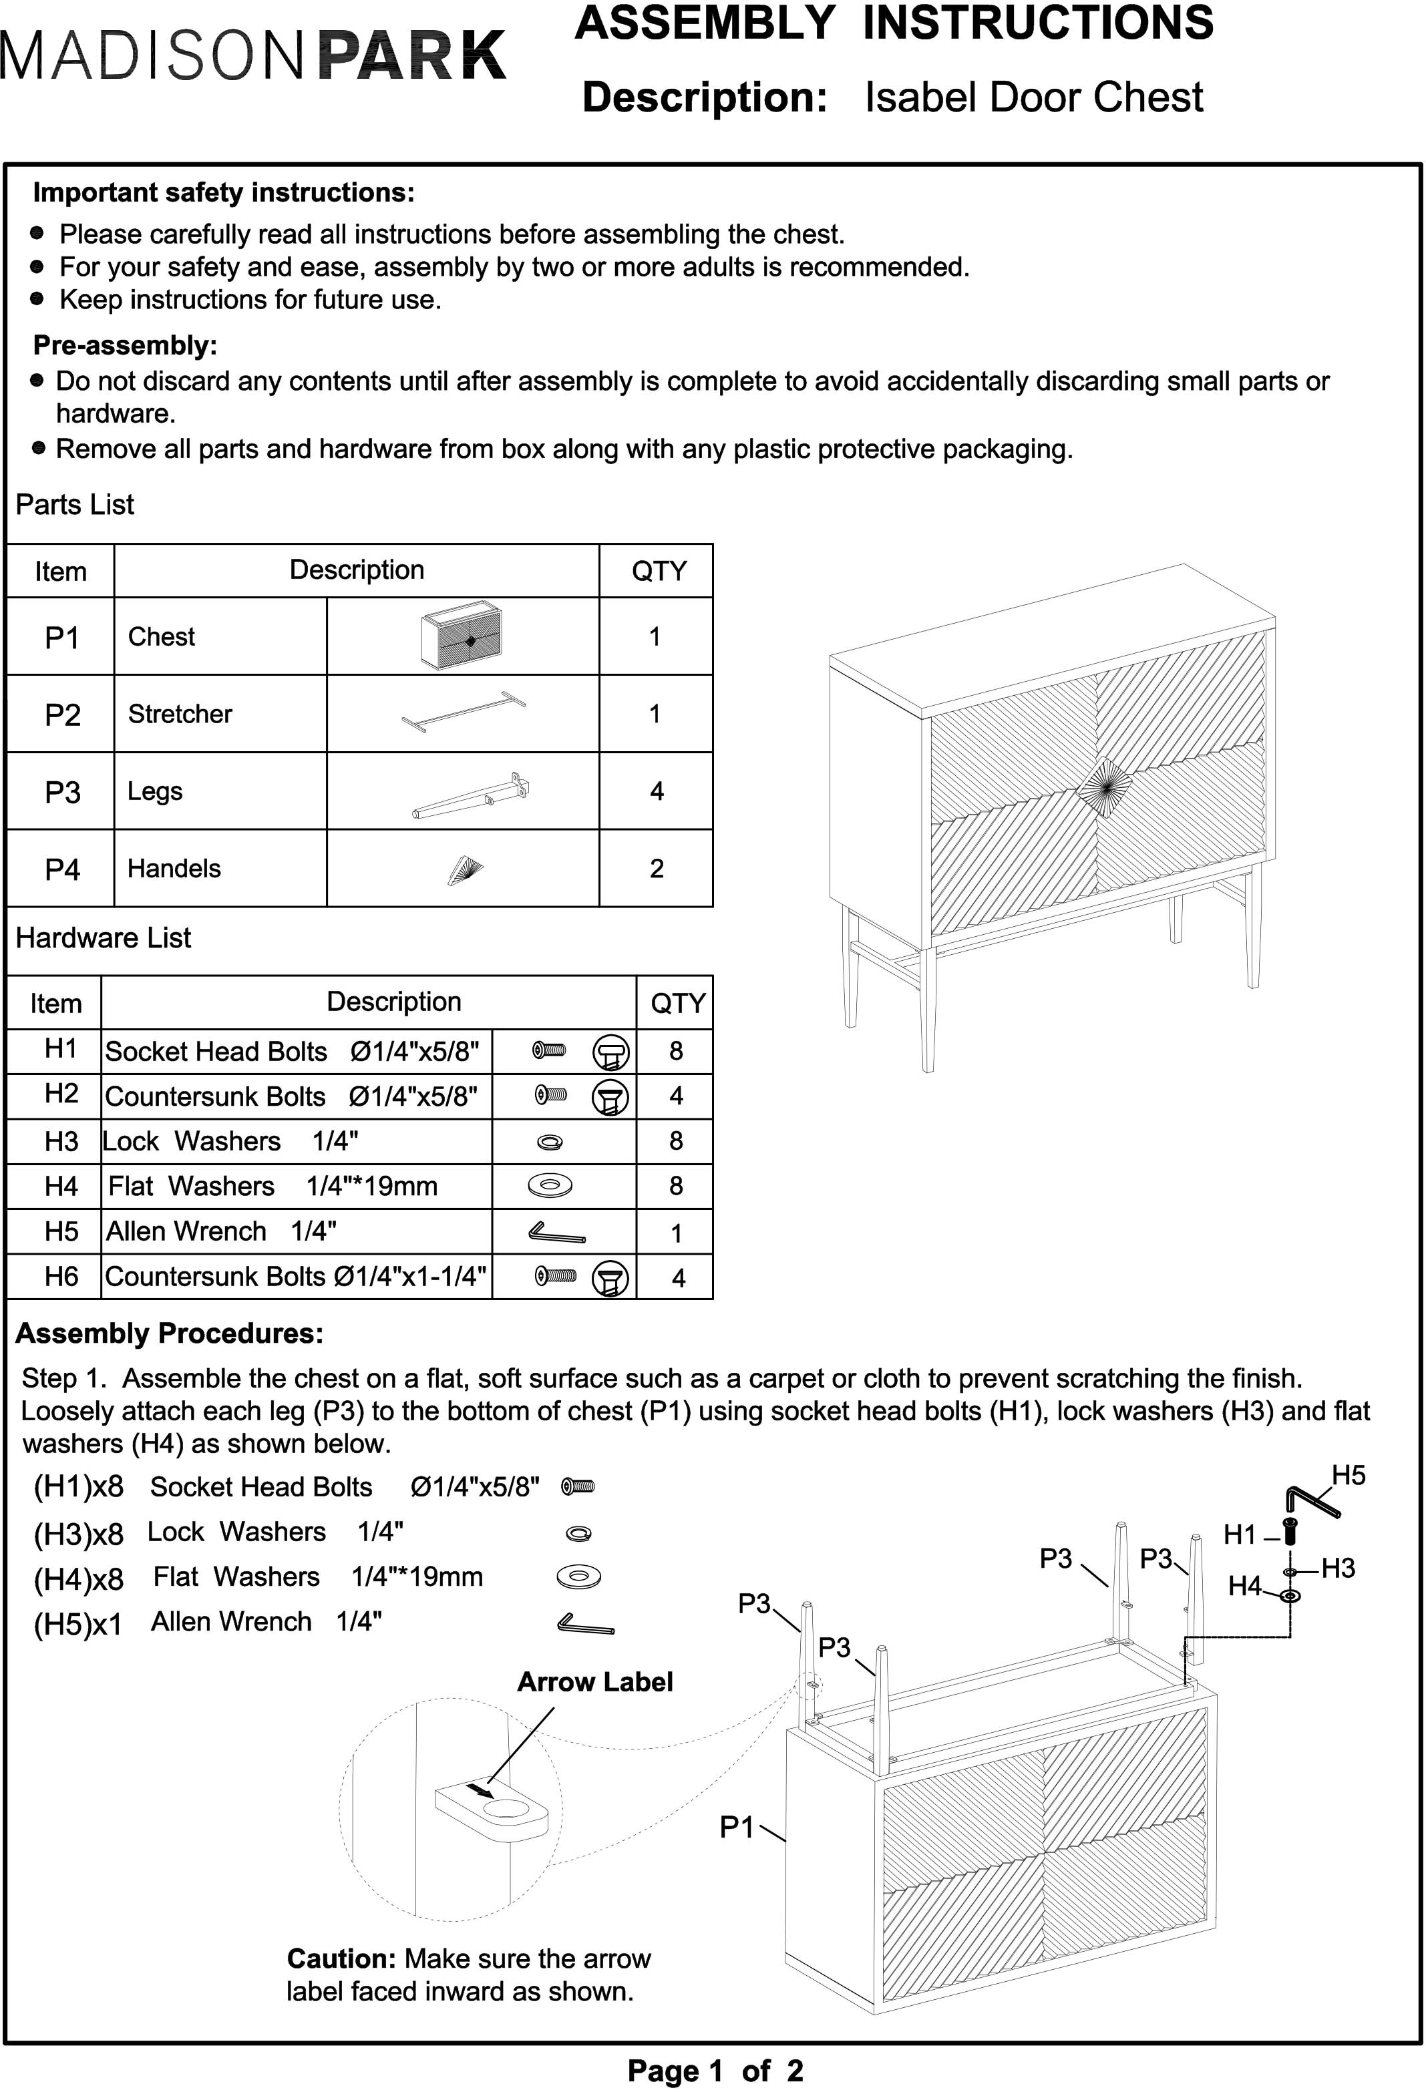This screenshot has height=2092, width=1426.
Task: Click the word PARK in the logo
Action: (412, 56)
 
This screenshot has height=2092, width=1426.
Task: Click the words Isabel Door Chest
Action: (1033, 97)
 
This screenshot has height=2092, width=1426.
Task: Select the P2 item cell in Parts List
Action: (62, 714)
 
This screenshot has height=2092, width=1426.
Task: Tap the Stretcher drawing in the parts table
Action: (464, 712)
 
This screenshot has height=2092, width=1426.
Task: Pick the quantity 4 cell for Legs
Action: (657, 791)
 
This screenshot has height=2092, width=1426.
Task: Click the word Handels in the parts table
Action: (174, 869)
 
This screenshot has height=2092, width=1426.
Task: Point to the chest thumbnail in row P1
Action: (462, 637)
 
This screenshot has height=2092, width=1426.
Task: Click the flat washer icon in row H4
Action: (550, 1185)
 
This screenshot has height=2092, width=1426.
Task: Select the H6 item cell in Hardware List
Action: (61, 1277)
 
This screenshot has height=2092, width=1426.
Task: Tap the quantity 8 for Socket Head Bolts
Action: (675, 1050)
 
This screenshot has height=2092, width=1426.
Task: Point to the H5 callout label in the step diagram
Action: (1348, 1476)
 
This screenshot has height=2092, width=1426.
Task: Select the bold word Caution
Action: (341, 1958)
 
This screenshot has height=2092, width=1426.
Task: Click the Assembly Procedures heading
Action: (169, 1333)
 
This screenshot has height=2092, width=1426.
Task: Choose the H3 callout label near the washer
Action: (1338, 1568)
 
